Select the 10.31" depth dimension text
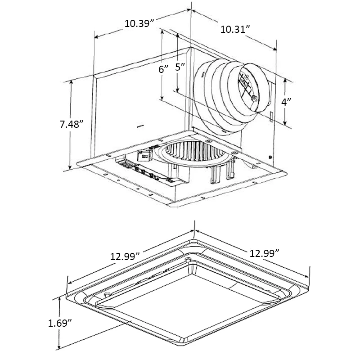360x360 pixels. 234,30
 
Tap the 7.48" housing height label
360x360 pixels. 72,124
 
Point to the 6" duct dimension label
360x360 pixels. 164,69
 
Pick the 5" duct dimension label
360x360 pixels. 180,67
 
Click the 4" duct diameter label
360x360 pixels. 286,102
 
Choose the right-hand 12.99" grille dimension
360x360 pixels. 265,252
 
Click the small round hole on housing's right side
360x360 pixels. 269,157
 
